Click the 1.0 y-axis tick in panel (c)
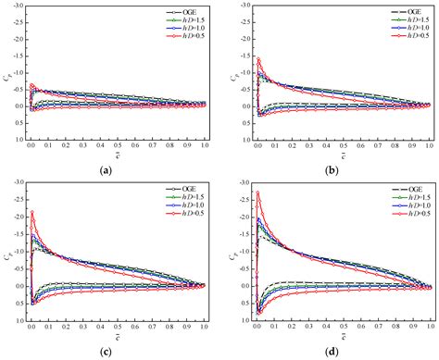coord(19,319)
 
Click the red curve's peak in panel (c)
coord(31,212)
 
